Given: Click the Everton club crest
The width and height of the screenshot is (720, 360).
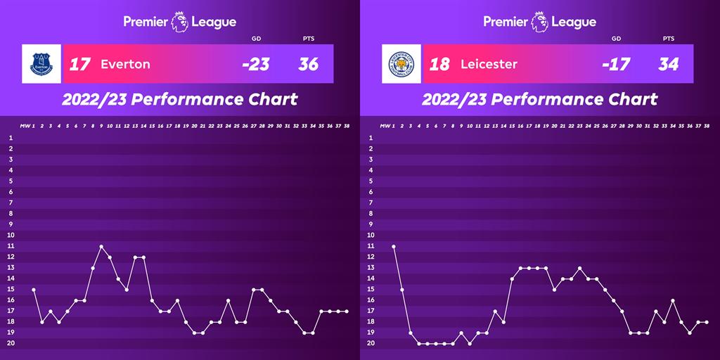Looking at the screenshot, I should point(42,64).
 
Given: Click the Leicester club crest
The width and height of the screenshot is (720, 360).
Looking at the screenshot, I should point(402,64).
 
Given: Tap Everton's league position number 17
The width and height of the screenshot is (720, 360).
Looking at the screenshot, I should point(79,65).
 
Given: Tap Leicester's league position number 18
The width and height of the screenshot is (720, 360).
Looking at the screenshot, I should point(439,65).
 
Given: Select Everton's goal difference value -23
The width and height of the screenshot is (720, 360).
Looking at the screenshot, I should point(255,65).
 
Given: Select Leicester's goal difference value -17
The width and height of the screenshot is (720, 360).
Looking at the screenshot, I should point(616,65).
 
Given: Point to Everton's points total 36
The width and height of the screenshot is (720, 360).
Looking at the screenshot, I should point(308,65).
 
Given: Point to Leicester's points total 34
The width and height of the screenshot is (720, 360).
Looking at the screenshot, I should point(669,65).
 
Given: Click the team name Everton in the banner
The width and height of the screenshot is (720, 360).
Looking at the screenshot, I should point(125,65).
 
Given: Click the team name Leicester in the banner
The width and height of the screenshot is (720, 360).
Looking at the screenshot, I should point(489,65).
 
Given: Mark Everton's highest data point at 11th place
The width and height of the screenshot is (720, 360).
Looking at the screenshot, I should point(101,246).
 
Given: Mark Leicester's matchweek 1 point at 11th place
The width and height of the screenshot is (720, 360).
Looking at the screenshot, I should point(394,246).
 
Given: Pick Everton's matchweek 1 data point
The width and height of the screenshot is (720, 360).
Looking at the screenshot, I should point(34,290).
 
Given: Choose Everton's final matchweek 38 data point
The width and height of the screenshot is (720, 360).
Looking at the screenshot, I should point(347,311).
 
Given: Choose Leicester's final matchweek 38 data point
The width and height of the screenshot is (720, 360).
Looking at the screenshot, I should point(707,322).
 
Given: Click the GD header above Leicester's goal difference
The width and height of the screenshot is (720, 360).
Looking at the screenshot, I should point(616,39).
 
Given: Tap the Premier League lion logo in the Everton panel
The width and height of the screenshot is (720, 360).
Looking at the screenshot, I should point(180,22).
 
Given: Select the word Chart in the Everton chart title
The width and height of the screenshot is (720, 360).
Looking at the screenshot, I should point(271,99).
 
